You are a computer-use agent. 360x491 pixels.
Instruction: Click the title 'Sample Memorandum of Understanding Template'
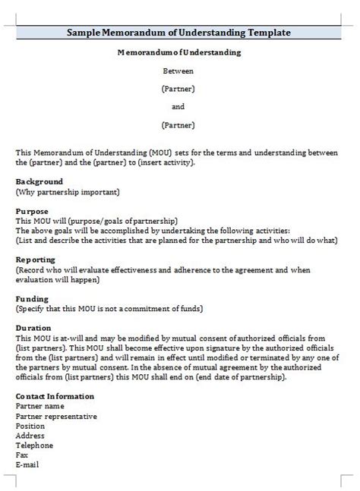(178, 33)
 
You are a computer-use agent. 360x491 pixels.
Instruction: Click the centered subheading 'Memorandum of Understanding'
(179, 52)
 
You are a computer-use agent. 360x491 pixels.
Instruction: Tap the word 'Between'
(178, 71)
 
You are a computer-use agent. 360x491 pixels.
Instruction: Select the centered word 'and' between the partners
(178, 106)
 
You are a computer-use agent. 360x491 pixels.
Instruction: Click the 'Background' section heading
(39, 182)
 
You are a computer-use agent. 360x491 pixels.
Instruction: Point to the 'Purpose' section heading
(32, 211)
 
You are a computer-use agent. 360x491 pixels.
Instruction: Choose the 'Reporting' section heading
(35, 259)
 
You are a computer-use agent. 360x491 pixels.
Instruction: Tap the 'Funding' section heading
(32, 298)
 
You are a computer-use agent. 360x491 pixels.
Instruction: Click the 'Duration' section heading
(33, 328)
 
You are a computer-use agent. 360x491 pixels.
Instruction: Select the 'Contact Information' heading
(55, 396)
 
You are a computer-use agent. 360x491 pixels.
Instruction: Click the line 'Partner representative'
(56, 416)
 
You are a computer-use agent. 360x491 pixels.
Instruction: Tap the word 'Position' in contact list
(30, 426)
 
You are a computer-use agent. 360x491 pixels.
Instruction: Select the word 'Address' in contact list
(30, 436)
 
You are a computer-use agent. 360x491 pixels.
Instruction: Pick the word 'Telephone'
(34, 445)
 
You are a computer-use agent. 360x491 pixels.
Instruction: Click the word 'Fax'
(21, 455)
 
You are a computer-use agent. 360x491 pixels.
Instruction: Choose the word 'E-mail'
(27, 465)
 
